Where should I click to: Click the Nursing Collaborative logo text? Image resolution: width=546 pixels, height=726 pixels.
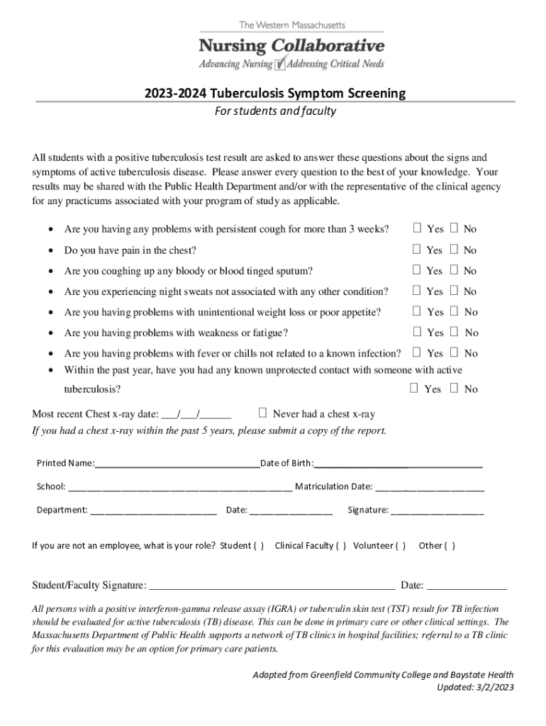[x=291, y=47]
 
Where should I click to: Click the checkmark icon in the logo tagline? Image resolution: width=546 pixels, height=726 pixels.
[x=280, y=64]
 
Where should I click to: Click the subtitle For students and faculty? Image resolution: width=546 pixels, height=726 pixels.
[x=276, y=111]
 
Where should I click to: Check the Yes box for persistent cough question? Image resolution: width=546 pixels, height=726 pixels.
[x=418, y=228]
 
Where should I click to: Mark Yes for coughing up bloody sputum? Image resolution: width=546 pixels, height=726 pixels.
[x=418, y=270]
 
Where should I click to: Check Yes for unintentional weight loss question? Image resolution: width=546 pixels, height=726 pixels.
[x=418, y=311]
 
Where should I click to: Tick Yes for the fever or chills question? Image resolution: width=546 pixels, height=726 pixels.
[x=418, y=352]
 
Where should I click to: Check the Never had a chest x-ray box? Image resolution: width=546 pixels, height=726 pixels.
[x=263, y=413]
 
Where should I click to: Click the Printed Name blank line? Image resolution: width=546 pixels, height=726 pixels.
[x=177, y=464]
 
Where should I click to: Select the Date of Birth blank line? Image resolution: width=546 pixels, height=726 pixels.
[x=398, y=464]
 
